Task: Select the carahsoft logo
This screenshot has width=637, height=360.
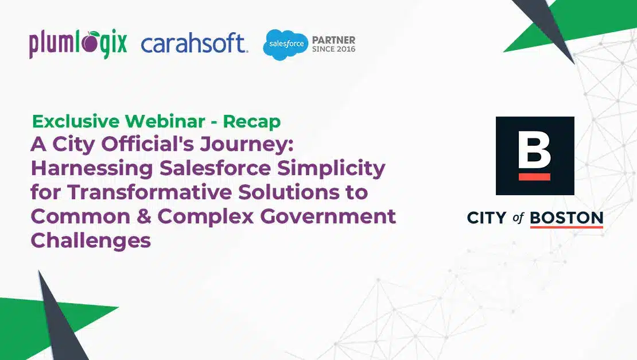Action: click(194, 44)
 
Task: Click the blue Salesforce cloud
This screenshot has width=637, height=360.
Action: click(285, 44)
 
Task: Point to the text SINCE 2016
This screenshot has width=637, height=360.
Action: click(333, 49)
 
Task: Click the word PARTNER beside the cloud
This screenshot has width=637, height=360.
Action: click(333, 40)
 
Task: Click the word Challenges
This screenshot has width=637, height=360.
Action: click(91, 241)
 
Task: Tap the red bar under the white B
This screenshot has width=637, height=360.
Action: click(534, 177)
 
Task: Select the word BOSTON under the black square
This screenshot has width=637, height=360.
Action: click(566, 218)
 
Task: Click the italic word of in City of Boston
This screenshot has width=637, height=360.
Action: click(518, 218)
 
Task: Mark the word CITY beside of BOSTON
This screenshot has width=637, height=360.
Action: click(486, 218)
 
